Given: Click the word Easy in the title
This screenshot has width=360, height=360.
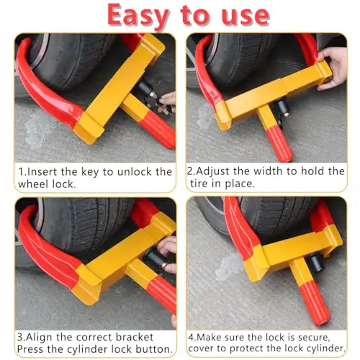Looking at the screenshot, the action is [138, 16].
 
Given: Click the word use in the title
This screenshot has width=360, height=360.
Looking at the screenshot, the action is [246, 16].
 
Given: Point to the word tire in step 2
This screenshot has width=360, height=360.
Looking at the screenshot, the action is [199, 184].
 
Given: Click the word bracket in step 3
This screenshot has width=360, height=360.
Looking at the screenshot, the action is [135, 337].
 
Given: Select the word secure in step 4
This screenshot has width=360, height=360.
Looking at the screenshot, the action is [314, 338].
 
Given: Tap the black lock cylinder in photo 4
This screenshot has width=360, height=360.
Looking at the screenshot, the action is [316, 263].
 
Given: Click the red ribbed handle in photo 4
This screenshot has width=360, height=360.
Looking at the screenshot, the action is [312, 304].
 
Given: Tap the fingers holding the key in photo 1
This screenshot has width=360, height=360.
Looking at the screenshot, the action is [167, 103].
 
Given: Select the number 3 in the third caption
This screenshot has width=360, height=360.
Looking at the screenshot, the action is [20, 337].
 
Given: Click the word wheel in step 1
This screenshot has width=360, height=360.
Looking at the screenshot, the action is [32, 184].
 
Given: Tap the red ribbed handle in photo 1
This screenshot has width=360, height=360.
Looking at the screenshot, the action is [157, 130].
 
